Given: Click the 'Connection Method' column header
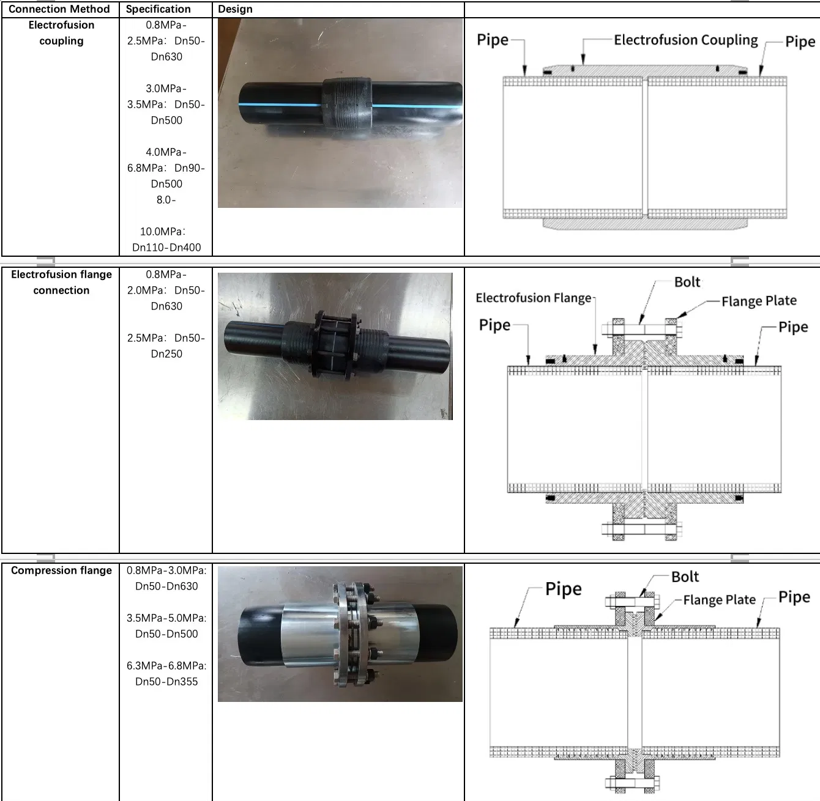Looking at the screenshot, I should (x=59, y=9).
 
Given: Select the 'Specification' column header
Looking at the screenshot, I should (x=158, y=9).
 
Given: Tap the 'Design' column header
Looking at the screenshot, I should (x=235, y=9).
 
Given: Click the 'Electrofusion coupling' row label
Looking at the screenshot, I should (x=61, y=33).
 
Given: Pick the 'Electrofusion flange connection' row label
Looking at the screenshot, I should (x=61, y=282).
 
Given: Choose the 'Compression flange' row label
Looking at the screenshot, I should (x=61, y=570).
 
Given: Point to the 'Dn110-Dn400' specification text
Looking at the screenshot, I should (x=166, y=248).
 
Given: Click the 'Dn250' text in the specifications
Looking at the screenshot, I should (x=166, y=354).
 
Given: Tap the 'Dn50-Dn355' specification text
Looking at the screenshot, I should (x=166, y=682).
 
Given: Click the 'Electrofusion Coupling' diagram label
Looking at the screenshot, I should (x=685, y=40).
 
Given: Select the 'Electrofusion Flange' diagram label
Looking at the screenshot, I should (x=534, y=298).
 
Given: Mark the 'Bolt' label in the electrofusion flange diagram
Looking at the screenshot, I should (x=687, y=282).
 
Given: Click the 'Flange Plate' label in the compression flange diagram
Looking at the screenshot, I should (x=719, y=600).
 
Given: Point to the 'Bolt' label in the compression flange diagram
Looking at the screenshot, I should (x=685, y=577).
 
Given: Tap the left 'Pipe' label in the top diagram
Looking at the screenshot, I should (x=493, y=40).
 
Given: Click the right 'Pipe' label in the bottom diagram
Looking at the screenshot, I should (x=794, y=597).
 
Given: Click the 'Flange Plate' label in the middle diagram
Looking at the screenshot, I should (x=759, y=301).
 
